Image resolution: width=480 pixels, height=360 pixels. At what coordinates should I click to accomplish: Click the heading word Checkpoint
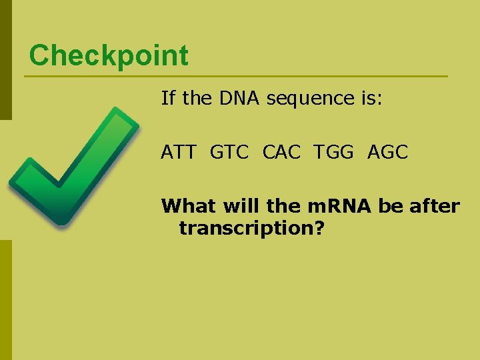[109, 55]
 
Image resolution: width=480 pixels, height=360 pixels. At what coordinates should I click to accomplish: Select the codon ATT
[179, 152]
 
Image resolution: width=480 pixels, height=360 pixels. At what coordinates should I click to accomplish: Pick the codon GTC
[229, 152]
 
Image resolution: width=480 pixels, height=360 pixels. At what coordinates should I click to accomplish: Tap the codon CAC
[282, 152]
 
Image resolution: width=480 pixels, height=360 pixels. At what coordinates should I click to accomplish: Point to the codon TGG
[335, 152]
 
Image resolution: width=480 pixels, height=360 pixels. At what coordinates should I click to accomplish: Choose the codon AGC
[387, 152]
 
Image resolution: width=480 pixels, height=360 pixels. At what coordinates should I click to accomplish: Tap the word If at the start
[168, 99]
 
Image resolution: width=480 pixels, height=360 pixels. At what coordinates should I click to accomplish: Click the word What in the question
[188, 206]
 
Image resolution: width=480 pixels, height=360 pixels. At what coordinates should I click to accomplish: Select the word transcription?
[252, 229]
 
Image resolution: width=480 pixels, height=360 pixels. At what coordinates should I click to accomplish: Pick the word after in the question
[434, 206]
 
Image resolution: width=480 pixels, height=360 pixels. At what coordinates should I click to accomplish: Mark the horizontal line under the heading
[236, 77]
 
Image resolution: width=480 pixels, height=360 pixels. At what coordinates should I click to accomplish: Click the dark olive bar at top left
[5, 60]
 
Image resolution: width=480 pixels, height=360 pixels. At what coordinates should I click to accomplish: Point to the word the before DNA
[196, 99]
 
